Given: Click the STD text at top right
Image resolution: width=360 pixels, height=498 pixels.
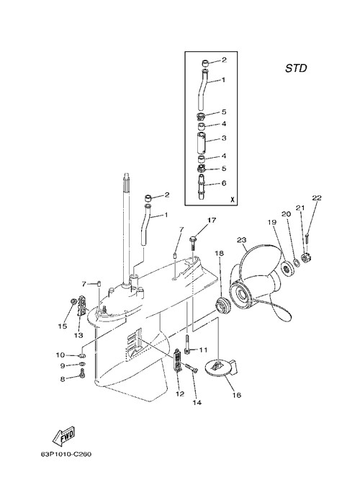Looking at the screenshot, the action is click(x=296, y=68).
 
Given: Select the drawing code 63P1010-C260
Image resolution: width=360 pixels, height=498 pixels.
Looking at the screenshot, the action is click(x=66, y=454).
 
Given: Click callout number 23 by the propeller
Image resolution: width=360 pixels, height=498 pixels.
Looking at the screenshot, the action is click(x=242, y=240).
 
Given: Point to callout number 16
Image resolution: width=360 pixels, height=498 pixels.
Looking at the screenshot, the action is click(x=237, y=395).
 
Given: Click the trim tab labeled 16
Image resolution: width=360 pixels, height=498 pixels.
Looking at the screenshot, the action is click(x=221, y=368).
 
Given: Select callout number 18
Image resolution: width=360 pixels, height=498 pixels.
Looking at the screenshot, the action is click(x=219, y=253).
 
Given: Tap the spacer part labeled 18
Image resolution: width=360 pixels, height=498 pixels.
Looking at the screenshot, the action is click(x=221, y=306).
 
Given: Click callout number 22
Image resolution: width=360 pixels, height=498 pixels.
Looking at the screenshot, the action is click(x=317, y=198).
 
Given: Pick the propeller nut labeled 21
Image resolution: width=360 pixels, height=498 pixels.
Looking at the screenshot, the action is click(x=307, y=258).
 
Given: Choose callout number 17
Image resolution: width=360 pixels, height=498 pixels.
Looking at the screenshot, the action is click(x=212, y=220).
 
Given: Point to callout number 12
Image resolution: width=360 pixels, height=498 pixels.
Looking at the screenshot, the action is click(x=180, y=394).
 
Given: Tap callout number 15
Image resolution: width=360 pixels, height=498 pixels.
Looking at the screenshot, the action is click(x=63, y=326).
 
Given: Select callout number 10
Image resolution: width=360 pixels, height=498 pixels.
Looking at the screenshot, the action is click(x=60, y=355).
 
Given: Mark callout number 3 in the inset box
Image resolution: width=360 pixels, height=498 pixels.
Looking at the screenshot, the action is click(x=224, y=138).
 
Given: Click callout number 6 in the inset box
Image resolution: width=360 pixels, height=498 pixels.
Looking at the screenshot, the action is click(x=224, y=183).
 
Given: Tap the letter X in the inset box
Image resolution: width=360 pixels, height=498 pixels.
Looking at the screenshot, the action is click(x=232, y=200).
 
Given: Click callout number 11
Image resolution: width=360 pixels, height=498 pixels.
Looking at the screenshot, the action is click(x=203, y=350).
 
